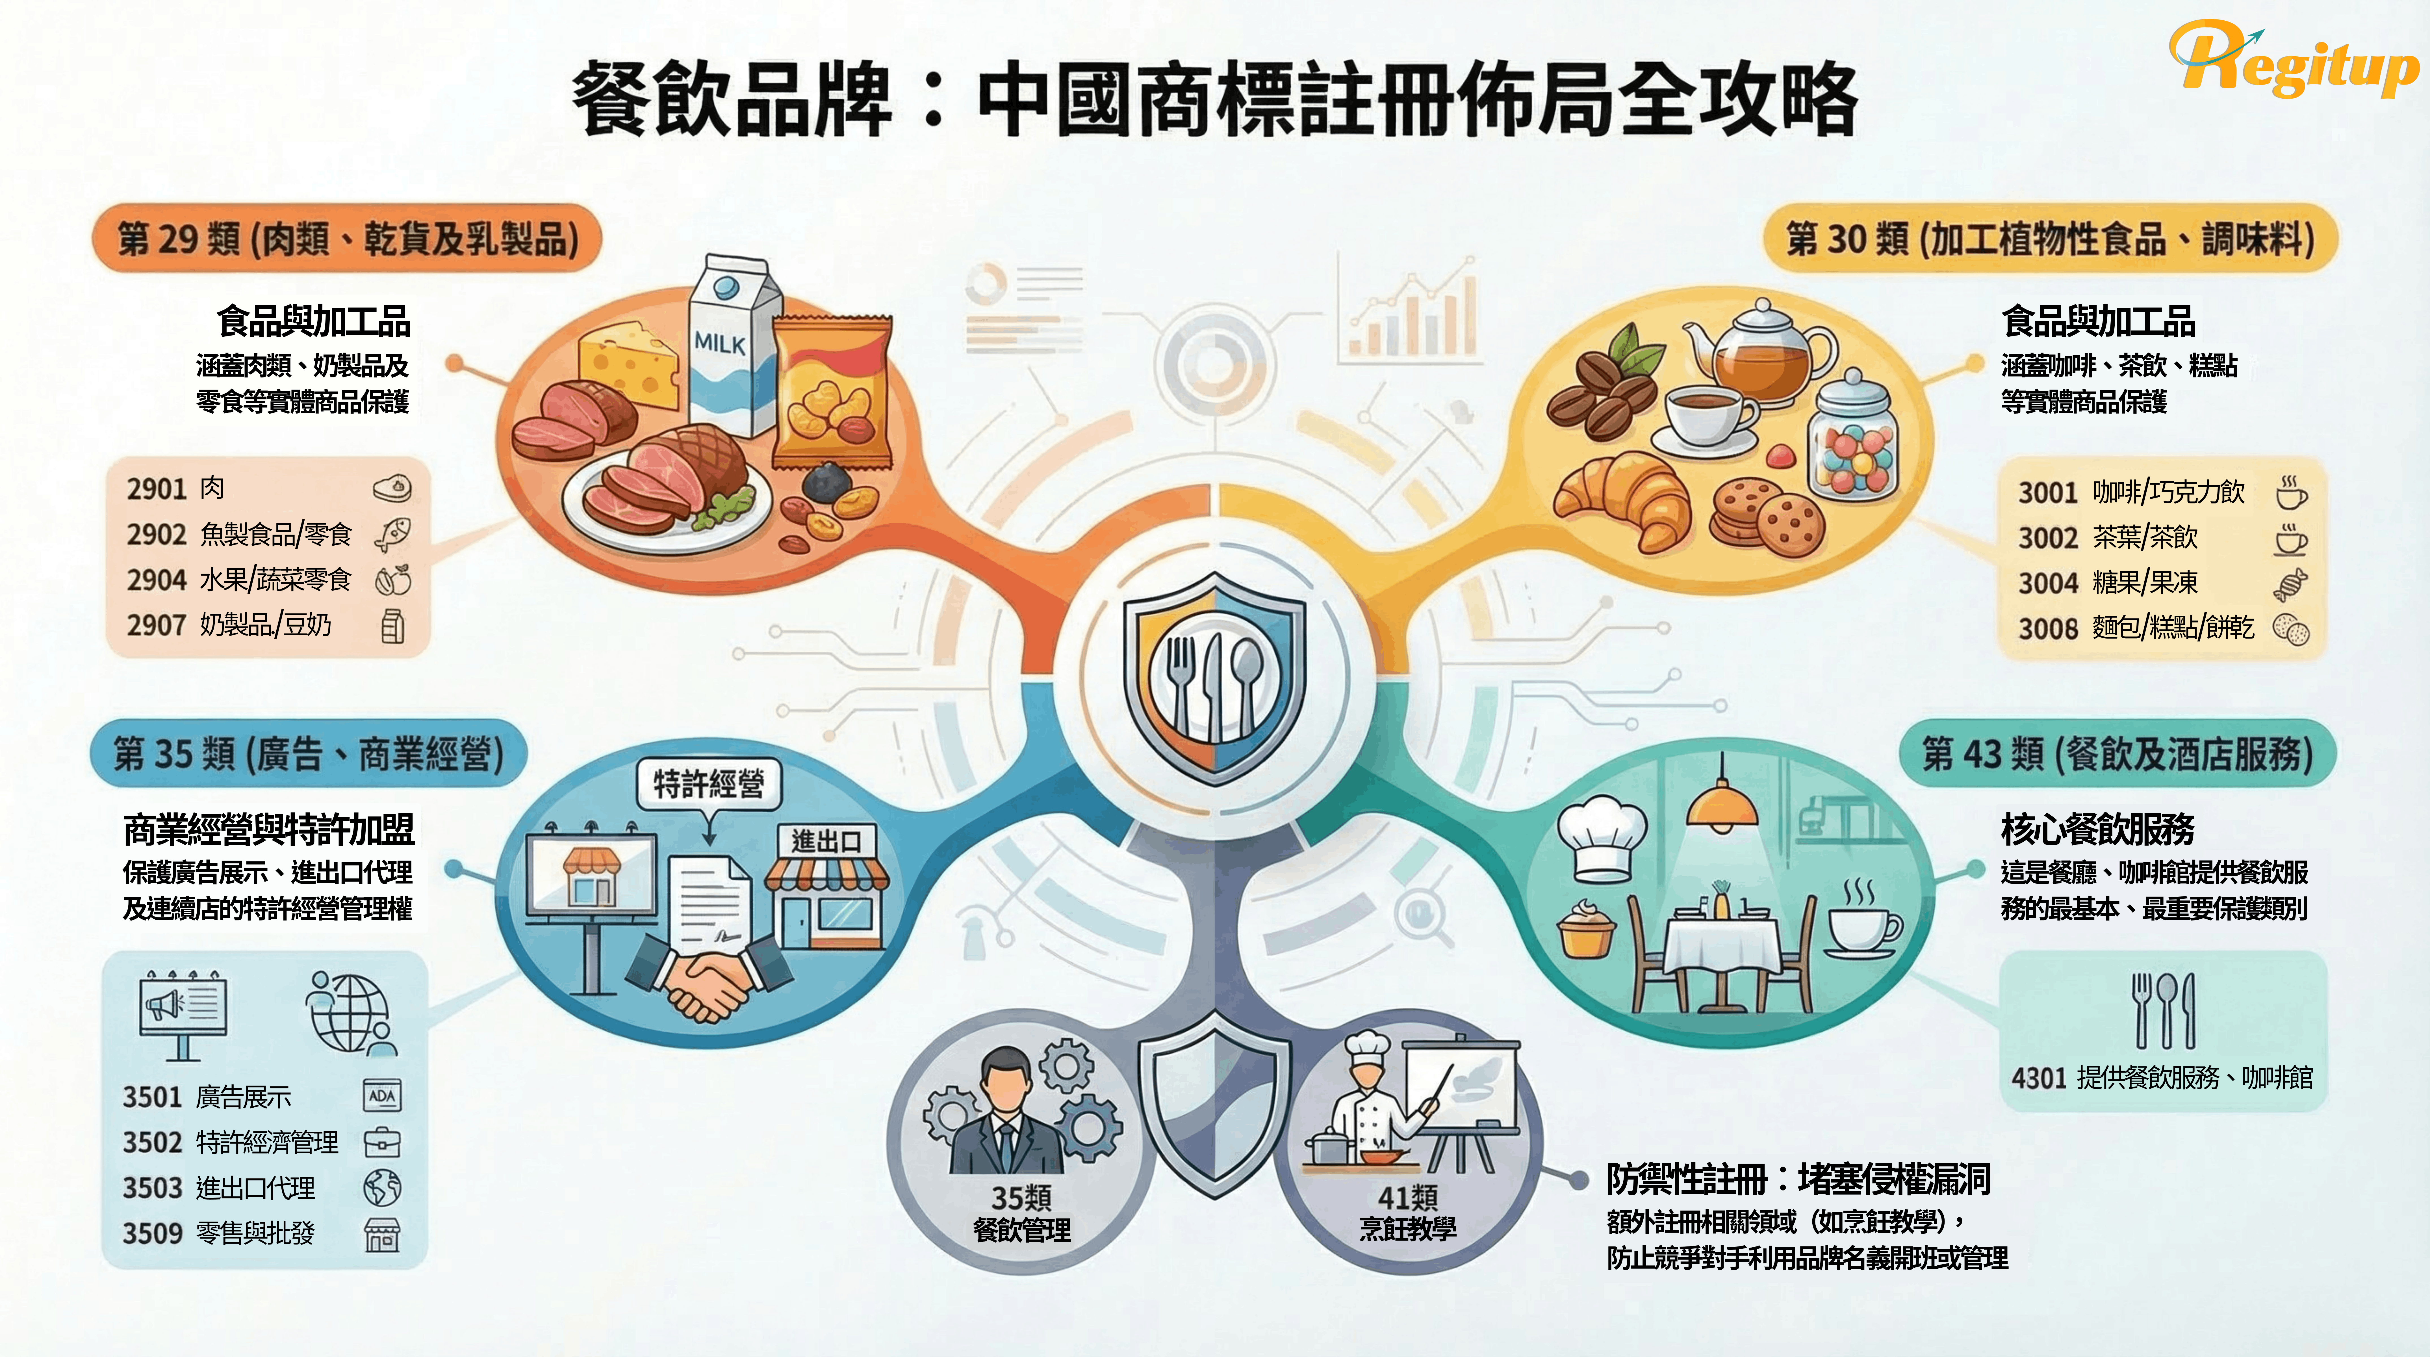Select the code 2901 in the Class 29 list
(x=157, y=489)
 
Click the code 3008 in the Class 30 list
(x=2047, y=628)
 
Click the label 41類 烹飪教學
(x=1407, y=1213)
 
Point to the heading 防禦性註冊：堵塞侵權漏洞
(x=1797, y=1179)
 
